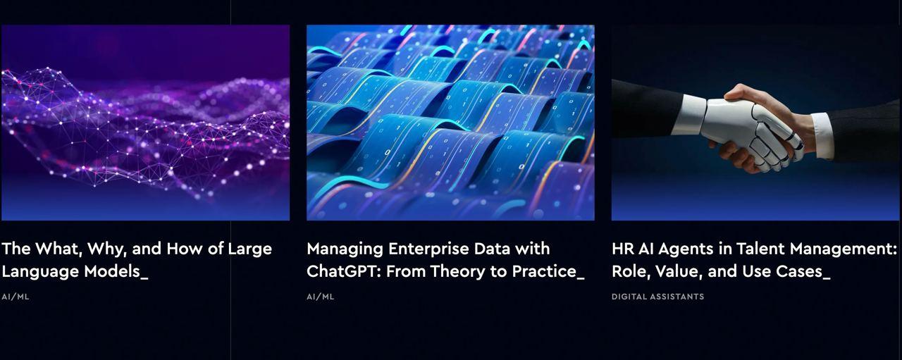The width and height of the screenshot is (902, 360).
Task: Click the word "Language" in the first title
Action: click(x=40, y=272)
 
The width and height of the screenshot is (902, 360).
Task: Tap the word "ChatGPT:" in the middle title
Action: click(x=343, y=271)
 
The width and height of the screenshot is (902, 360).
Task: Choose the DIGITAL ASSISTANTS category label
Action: click(x=657, y=297)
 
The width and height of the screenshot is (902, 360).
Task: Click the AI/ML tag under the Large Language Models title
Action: click(x=16, y=297)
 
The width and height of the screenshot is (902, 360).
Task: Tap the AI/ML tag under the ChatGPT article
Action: click(x=320, y=297)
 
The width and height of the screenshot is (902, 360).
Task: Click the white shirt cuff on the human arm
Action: click(x=822, y=135)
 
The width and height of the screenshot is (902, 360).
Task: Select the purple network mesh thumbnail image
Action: click(x=145, y=123)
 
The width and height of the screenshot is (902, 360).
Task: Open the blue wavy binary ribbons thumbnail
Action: click(x=450, y=123)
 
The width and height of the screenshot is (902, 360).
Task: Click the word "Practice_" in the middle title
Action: click(x=548, y=271)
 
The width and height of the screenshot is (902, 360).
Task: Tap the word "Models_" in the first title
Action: click(x=116, y=271)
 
